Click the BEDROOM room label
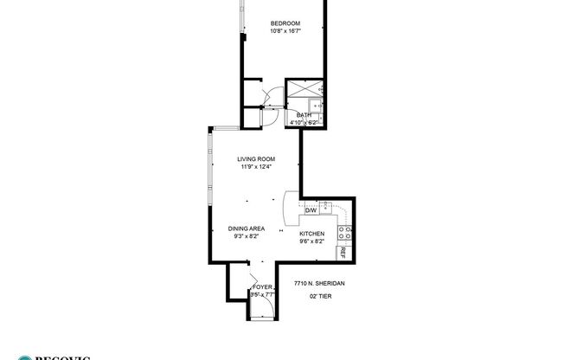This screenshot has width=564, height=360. coord(285,23)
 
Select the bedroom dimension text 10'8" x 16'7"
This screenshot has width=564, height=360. coord(285,32)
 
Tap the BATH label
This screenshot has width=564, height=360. coord(304,115)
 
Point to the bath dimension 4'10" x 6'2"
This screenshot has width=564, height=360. coord(304,123)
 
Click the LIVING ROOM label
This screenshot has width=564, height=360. coord(257,159)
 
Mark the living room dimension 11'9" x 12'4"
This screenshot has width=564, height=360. coord(257,167)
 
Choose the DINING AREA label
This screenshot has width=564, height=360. coord(247,228)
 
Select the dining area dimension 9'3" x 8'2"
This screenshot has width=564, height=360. coord(247,236)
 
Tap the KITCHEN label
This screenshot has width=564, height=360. coord(311,235)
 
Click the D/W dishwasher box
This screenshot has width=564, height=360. coord(311,209)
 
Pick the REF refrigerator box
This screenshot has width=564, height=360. coord(343,253)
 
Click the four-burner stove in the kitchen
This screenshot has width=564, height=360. coord(343,232)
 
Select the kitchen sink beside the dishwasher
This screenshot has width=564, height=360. coord(325,207)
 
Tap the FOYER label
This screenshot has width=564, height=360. coord(261,286)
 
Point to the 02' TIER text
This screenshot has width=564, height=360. coord(321,296)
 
